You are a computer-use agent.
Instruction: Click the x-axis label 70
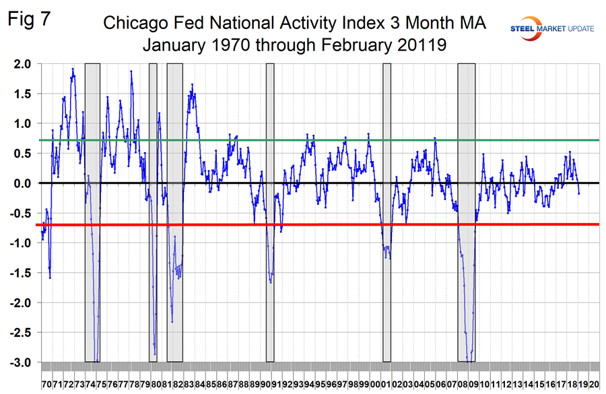(x=47, y=383)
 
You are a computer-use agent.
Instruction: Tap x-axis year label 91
(x=276, y=383)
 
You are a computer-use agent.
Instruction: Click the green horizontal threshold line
(x=337, y=140)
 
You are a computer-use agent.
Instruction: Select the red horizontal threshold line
(x=337, y=224)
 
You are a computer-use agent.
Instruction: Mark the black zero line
(x=337, y=183)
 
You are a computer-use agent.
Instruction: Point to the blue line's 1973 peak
(x=73, y=69)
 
